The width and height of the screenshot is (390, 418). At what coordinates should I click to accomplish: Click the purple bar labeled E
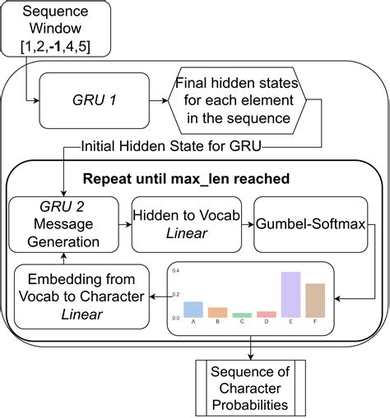point(290,295)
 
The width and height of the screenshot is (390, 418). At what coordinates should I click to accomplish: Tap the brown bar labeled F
point(315,301)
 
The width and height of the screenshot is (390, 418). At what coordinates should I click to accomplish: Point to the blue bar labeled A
point(193,310)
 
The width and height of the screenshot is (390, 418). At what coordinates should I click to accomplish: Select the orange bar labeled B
point(217,313)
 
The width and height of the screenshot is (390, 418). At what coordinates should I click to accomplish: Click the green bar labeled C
point(242,315)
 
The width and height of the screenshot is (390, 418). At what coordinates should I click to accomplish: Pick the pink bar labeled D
point(266,315)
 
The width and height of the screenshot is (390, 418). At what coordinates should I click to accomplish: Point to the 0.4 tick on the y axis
point(174,272)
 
